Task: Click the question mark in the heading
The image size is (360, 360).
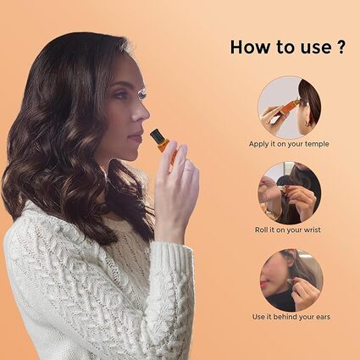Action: [x=341, y=47]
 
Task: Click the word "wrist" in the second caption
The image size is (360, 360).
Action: [x=312, y=230]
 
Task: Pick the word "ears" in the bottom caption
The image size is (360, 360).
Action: [x=323, y=317]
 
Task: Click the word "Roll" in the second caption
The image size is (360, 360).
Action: [x=261, y=230]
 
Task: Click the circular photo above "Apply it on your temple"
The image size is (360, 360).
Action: [x=290, y=108]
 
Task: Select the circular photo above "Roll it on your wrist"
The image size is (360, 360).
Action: [x=290, y=193]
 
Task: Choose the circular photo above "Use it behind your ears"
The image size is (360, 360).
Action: [x=291, y=280]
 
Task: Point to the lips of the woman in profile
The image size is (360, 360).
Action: [x=136, y=136]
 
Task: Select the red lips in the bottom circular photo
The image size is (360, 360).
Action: [x=263, y=283]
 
